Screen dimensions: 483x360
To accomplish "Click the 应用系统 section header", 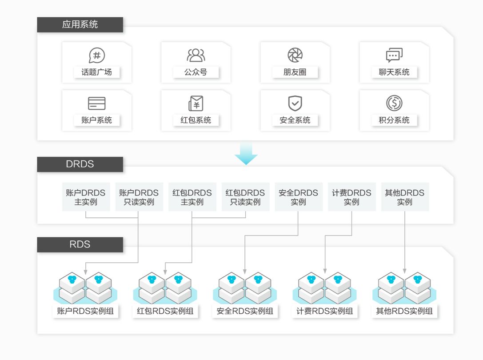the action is [80, 24].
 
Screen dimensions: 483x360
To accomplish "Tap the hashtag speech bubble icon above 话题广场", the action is [97, 56].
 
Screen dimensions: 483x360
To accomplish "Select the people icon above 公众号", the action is [196, 55].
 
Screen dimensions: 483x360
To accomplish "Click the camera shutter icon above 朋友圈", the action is [295, 55].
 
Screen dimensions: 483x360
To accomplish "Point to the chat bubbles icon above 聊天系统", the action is [394, 55].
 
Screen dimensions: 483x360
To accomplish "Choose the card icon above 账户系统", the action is [97, 103].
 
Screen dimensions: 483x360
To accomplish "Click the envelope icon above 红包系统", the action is [196, 103].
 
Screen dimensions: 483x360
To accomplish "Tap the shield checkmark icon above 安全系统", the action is [295, 103].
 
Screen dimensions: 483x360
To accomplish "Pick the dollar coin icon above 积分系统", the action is [394, 103].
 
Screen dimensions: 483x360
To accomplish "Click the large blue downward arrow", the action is [246, 153].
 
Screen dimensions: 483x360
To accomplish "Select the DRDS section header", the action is [80, 164].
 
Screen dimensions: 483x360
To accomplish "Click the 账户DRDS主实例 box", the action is [86, 197].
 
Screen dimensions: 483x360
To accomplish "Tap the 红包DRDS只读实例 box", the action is [246, 197].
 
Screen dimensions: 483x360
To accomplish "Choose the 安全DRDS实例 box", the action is [299, 197].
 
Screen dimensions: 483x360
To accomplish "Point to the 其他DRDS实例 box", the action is [405, 197].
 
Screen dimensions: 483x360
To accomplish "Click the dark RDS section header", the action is [80, 245].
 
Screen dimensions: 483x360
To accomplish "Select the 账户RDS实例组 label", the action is [85, 311].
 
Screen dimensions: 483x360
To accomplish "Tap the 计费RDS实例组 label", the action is [325, 311].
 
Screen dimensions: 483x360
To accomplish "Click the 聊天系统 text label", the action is [394, 72].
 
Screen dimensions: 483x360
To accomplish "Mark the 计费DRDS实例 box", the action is [352, 197].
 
